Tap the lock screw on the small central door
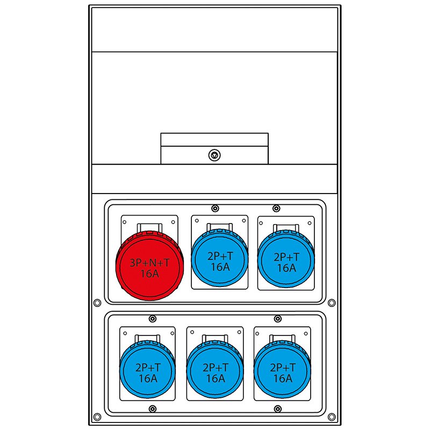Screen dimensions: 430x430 click(214, 155)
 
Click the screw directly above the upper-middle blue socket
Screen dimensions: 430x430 click(215, 208)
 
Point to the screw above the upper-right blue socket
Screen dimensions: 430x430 click(276, 208)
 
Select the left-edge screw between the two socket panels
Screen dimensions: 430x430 click(97, 303)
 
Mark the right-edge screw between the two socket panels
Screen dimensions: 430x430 click(331, 303)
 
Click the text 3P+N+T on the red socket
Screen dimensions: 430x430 click(150, 263)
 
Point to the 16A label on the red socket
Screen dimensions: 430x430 click(150, 273)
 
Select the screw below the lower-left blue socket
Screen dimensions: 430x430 click(153, 409)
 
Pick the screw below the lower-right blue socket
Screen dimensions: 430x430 click(277, 409)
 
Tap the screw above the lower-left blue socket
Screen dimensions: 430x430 click(153, 319)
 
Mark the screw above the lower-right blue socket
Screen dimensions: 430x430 click(277, 319)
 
